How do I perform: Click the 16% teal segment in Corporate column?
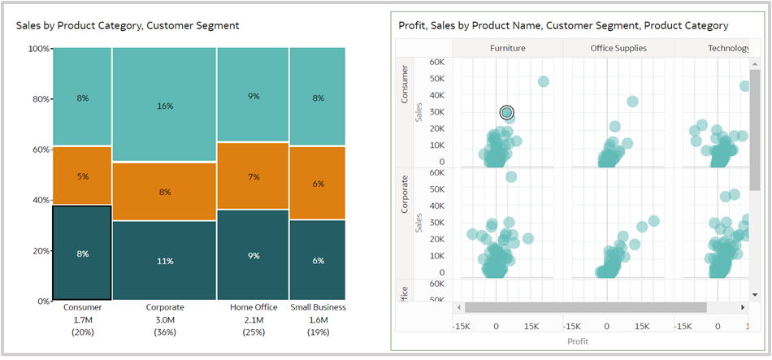164,105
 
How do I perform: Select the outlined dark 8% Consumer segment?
82,253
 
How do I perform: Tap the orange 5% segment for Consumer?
82,176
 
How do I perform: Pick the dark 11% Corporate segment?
164,261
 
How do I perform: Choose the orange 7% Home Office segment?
253,176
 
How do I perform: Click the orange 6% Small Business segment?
318,184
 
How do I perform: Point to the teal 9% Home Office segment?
253,96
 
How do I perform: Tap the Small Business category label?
318,307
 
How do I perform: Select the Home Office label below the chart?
253,307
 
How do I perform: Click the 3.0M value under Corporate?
164,319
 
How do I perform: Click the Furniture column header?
507,48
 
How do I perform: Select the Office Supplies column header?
618,48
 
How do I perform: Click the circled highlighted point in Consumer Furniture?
506,112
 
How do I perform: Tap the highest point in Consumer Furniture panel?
543,81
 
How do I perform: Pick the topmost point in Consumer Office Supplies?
632,102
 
